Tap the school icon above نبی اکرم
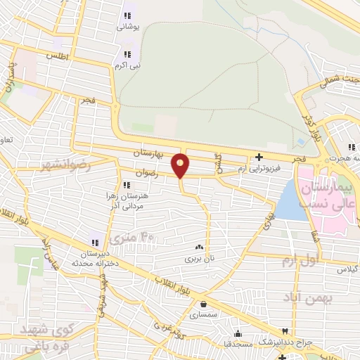click(127, 53)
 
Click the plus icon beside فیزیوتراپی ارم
click(259, 157)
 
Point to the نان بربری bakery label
click(198, 258)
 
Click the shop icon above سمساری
click(203, 304)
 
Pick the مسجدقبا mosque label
click(238, 344)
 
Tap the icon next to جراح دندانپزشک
click(285, 331)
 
